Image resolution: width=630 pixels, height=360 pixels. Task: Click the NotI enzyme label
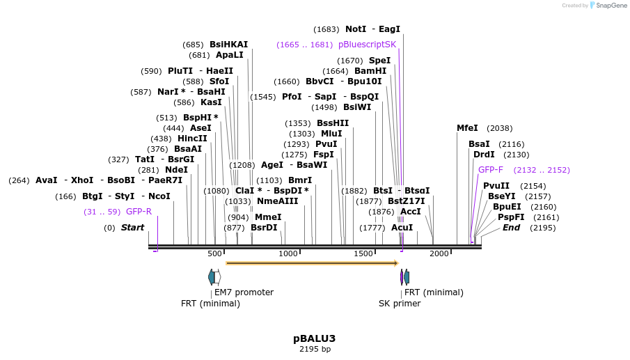pos(355,29)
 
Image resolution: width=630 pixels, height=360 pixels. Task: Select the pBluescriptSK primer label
pos(367,45)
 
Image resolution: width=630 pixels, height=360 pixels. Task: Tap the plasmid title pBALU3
pos(314,338)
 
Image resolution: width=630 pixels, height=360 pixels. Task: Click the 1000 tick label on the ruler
pos(288,253)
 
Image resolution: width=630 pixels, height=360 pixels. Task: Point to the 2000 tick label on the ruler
pos(439,253)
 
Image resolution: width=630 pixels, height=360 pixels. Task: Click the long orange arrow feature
pos(312,263)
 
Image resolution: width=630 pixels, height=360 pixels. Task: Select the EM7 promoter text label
pos(244,292)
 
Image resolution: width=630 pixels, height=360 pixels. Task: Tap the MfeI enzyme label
pos(467,128)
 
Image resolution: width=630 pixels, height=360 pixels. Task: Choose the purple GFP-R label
pos(139,212)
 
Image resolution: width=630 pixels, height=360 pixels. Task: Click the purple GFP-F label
pos(490,170)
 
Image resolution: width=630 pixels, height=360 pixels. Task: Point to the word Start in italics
pos(132,228)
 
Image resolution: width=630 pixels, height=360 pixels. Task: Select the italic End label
pos(511,228)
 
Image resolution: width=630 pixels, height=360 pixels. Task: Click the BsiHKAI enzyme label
pos(228,45)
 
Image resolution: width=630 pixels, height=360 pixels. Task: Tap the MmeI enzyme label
pos(268,217)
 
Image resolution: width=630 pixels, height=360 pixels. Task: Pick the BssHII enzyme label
pos(333,123)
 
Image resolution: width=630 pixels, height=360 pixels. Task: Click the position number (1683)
pos(326,29)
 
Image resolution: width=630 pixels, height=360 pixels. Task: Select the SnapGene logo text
pos(611,6)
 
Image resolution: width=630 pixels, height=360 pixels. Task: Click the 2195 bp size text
pos(315,349)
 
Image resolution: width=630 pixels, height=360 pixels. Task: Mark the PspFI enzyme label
pos(511,217)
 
